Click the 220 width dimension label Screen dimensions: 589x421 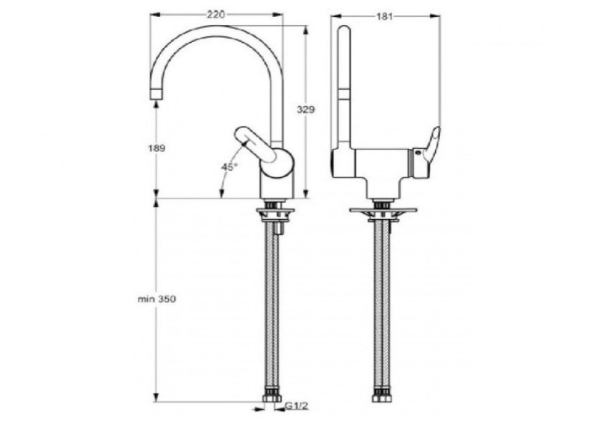(x=216, y=14)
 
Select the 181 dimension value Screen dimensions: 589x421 (x=385, y=17)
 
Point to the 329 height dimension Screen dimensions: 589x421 (x=305, y=109)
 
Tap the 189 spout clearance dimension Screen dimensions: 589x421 (x=156, y=148)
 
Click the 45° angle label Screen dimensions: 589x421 (x=229, y=167)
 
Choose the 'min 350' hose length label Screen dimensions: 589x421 (x=157, y=299)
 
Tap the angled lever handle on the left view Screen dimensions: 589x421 (x=256, y=145)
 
